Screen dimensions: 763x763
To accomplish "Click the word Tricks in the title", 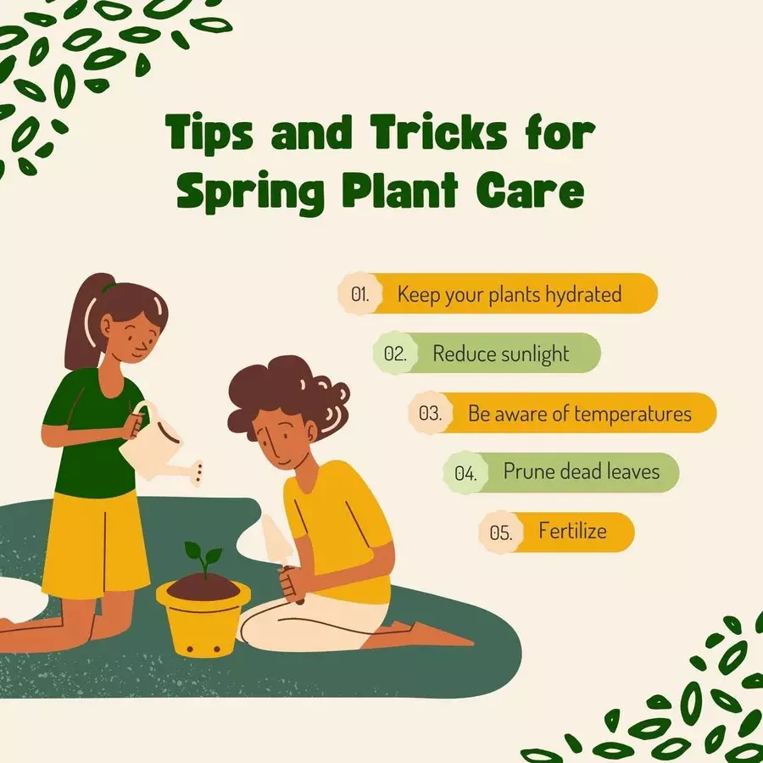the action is pos(438,132).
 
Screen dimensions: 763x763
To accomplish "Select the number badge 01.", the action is pos(360,294).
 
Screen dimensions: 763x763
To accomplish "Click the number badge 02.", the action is pos(395,354).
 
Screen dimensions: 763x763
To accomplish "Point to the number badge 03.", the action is pos(430,413).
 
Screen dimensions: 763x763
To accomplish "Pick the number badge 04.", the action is pos(465,472).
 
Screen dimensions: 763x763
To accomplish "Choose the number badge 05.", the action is pos(501,532).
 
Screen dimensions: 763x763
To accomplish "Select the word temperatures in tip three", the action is pos(632,414).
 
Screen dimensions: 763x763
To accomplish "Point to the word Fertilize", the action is pos(572,531).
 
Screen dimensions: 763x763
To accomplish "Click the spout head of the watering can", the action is pos(198,473).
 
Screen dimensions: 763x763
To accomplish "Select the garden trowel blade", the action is pos(276,539).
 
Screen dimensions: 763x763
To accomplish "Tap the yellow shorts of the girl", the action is pos(94,544).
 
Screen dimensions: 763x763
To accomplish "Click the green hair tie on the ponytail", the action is pos(108,287).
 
